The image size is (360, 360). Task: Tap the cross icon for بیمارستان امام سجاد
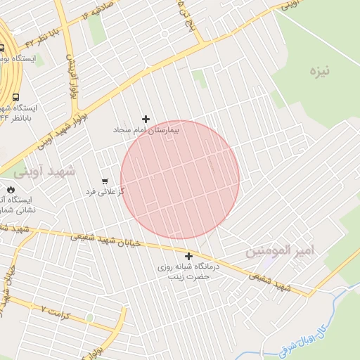click(146, 119)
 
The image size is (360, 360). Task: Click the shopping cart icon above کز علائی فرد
click(105, 181)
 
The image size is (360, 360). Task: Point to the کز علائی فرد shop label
click(105, 191)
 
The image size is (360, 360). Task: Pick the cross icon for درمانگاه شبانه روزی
click(188, 256)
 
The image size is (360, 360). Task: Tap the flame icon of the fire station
click(10, 189)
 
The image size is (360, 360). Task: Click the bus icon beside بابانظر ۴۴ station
click(15, 98)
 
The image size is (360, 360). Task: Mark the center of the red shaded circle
click(180, 179)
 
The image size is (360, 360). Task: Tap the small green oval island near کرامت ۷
click(89, 319)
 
